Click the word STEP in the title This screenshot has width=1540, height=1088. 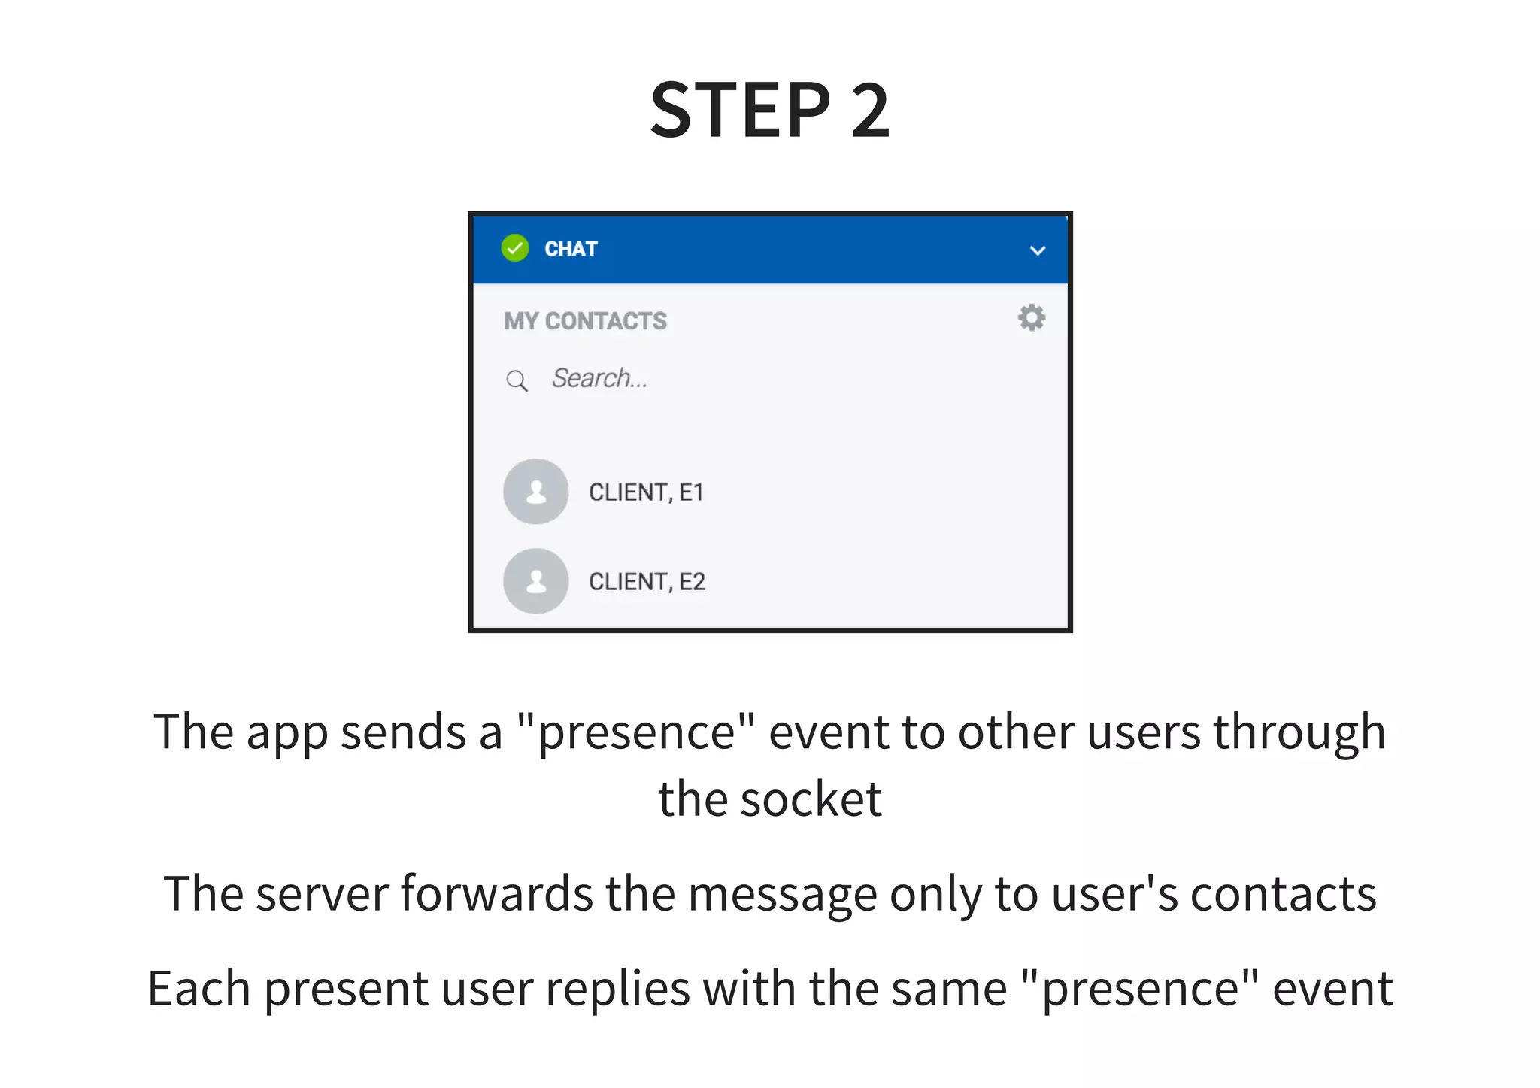pos(741,111)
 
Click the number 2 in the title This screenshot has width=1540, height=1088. pos(870,111)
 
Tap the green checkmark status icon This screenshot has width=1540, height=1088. pos(515,248)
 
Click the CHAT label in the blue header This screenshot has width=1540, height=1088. pos(571,249)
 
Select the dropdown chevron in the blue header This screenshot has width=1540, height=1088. pos(1037,250)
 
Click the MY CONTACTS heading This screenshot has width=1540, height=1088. pos(585,321)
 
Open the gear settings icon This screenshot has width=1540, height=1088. pos(1031,317)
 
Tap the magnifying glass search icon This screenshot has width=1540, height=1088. pos(517,380)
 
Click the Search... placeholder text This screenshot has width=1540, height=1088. pos(599,378)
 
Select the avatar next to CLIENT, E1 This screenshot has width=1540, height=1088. pos(535,492)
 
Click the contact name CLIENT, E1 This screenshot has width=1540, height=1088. pos(646,492)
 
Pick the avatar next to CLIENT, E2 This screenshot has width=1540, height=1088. pos(535,581)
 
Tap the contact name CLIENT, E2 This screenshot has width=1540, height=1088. pos(647,582)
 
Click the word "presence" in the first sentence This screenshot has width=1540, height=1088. pos(636,732)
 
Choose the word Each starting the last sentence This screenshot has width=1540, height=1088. pos(199,989)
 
